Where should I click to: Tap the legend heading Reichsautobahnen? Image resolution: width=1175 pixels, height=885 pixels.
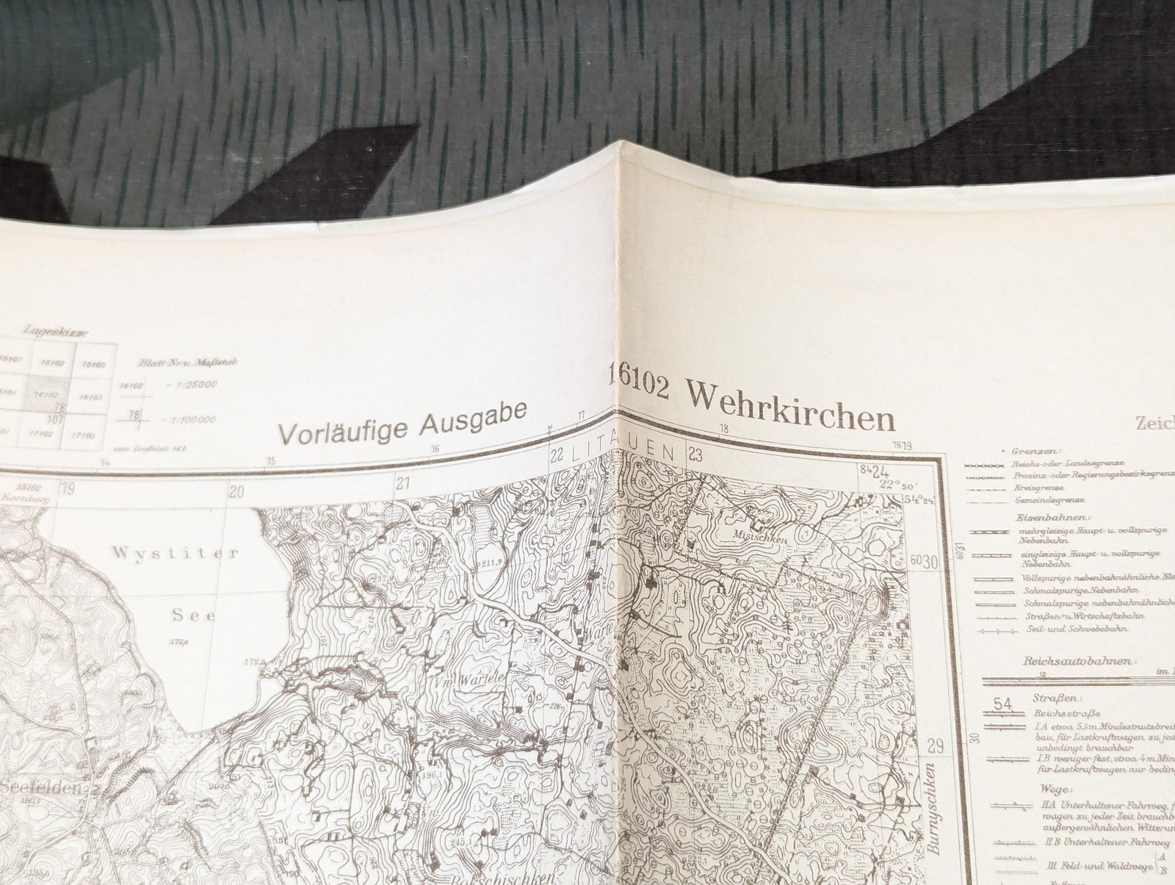(x=1076, y=661)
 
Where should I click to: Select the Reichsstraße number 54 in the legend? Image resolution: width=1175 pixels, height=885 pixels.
(x=1002, y=704)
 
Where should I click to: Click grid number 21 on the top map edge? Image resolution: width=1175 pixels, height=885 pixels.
(x=402, y=483)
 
